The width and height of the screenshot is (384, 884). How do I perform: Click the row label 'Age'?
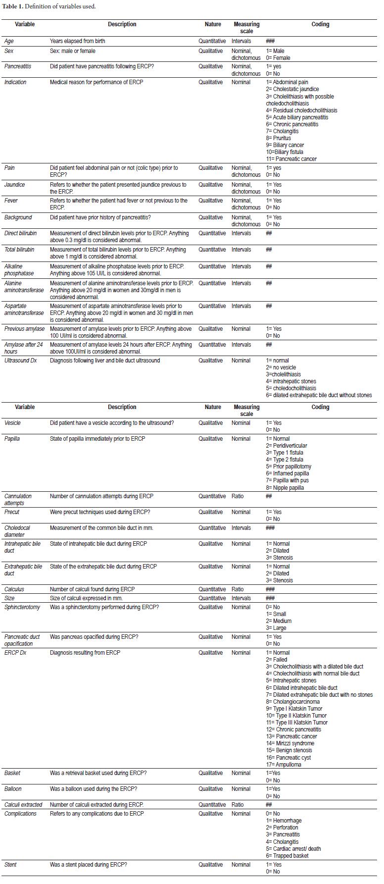pos(9,41)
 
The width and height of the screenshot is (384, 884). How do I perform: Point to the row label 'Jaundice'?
pos(14,185)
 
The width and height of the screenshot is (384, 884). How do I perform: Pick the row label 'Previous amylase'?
pos(24,329)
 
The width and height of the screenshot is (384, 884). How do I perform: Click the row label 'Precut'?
pos(12,512)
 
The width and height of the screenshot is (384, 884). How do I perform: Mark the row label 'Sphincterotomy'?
pos(22,607)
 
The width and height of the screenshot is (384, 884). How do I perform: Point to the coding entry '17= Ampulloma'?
pos(284,764)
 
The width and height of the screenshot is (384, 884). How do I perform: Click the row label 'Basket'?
pos(12,773)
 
